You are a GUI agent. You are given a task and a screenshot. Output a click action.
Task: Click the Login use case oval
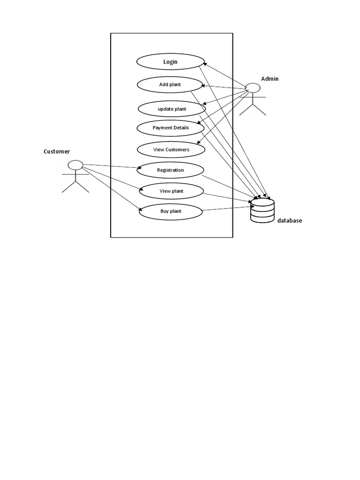[x=170, y=61]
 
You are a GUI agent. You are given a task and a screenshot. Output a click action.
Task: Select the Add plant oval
[x=170, y=84]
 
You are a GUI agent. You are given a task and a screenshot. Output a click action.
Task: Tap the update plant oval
[x=172, y=109]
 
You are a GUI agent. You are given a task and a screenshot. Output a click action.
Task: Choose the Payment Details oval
[x=171, y=127]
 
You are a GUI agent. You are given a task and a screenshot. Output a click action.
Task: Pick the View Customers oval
[x=171, y=150]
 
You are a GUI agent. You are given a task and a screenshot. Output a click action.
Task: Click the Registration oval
[x=170, y=170]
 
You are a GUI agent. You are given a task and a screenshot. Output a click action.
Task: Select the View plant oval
[x=171, y=191]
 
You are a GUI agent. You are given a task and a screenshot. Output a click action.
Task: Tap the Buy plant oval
[x=171, y=211]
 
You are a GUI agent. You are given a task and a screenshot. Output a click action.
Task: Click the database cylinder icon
[x=262, y=210]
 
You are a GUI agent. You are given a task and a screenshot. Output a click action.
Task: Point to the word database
[x=289, y=221]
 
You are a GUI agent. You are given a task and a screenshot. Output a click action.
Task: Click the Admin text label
[x=270, y=79]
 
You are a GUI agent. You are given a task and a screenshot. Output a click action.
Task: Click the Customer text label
[x=57, y=151]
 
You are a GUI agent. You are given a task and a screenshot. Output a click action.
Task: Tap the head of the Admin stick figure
[x=253, y=88]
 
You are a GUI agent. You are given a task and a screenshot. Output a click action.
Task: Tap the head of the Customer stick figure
[x=75, y=165]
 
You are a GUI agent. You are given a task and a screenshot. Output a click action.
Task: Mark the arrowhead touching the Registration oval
[x=140, y=168]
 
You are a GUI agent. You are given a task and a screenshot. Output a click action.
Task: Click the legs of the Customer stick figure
[x=75, y=186]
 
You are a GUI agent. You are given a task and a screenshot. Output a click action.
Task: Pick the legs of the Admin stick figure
[x=253, y=110]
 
